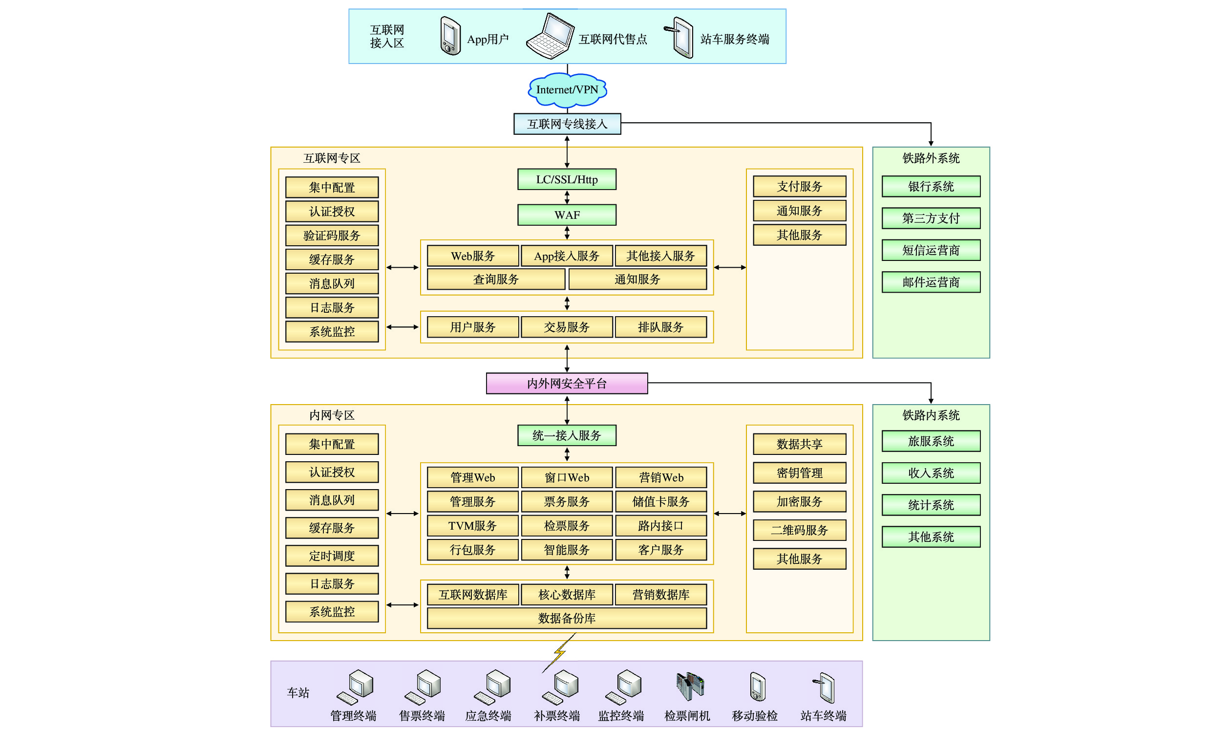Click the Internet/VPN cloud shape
point(567,89)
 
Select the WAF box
point(567,215)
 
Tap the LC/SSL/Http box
point(567,179)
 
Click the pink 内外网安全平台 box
point(567,383)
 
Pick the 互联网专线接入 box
point(567,124)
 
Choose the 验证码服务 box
point(332,236)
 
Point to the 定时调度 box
point(332,556)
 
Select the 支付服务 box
point(799,186)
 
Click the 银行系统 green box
point(931,186)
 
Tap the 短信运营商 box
point(931,250)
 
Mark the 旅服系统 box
point(931,441)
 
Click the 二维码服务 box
point(799,530)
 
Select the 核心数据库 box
point(567,595)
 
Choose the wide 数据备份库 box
point(567,618)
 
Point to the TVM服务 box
point(473,526)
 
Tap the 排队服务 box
point(661,327)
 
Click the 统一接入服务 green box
point(567,435)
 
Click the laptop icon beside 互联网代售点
point(550,37)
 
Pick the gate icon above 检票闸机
point(690,686)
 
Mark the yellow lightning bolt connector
point(559,653)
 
